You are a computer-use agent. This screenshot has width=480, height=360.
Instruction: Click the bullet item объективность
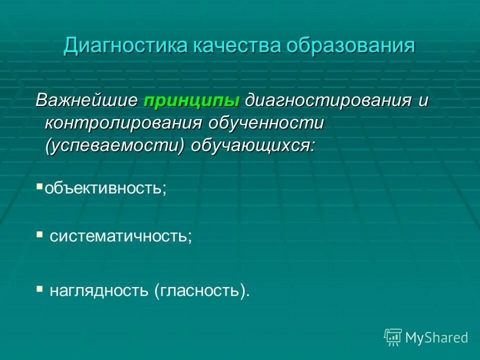104,188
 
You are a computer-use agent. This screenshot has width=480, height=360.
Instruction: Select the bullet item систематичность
120,236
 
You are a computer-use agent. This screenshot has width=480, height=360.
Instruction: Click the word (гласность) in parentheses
201,290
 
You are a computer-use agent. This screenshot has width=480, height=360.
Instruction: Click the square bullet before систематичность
40,234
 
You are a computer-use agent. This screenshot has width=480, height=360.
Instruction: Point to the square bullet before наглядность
40,288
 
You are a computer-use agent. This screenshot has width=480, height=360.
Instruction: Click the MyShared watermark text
436,337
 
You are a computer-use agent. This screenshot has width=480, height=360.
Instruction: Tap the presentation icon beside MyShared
393,337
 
